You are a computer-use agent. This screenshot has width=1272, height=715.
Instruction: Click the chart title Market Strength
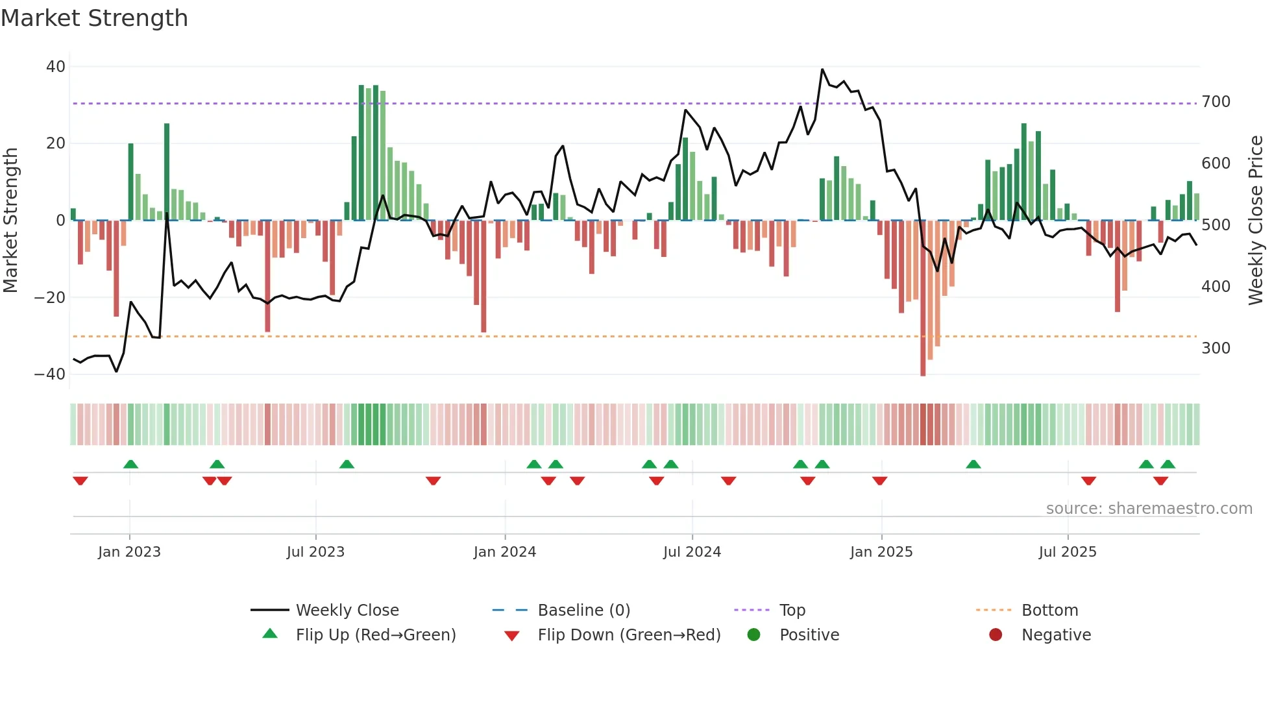click(x=94, y=18)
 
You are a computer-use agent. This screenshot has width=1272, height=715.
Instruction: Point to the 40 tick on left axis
click(x=56, y=67)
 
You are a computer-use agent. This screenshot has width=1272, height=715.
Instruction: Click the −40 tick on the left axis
click(x=51, y=374)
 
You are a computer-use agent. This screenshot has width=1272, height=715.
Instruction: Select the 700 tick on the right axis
click(x=1216, y=102)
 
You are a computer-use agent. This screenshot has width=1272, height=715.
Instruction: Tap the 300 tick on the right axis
click(x=1216, y=348)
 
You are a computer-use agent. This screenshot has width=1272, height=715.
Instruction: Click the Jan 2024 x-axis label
click(x=504, y=552)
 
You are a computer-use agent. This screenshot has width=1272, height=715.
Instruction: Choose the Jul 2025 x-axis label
click(x=1067, y=552)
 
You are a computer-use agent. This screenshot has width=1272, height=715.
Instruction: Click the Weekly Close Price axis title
click(x=1256, y=221)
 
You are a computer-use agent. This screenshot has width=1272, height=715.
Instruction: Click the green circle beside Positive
click(x=753, y=635)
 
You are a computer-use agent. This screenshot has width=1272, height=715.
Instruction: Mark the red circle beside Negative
click(x=995, y=635)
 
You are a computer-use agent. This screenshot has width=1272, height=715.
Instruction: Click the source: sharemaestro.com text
click(x=1149, y=509)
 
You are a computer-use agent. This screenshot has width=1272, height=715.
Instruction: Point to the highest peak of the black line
click(x=822, y=69)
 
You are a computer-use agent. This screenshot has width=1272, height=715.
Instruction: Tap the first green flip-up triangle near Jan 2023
click(x=130, y=465)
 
